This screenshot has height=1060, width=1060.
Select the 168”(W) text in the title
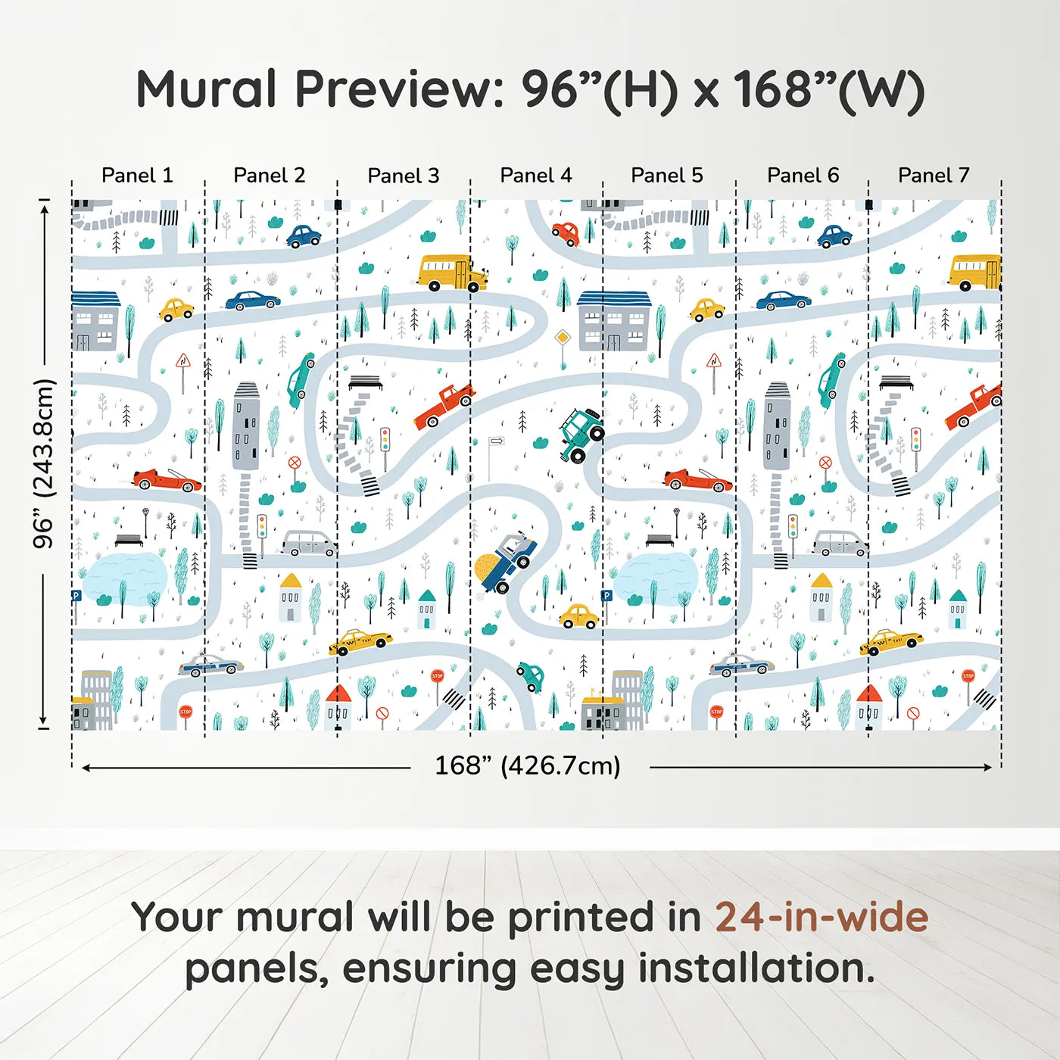[828, 89]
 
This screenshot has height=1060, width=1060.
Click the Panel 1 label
[137, 176]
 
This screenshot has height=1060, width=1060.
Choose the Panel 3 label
[403, 176]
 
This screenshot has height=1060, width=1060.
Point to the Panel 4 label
[535, 176]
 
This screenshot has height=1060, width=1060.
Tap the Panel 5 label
[666, 176]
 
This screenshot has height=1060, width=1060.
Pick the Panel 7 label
[933, 176]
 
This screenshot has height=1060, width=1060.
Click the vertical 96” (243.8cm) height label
[44, 463]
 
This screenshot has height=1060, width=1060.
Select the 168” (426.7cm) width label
[527, 765]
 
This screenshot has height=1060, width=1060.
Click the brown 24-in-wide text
[821, 917]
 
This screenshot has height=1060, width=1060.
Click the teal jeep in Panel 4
[581, 435]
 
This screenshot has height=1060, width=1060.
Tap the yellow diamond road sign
[562, 338]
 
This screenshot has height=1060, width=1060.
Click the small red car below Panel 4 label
[566, 232]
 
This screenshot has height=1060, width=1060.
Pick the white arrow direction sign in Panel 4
[497, 441]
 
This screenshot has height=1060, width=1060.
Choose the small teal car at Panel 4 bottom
[530, 675]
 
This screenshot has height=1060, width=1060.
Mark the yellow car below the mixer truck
[578, 616]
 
